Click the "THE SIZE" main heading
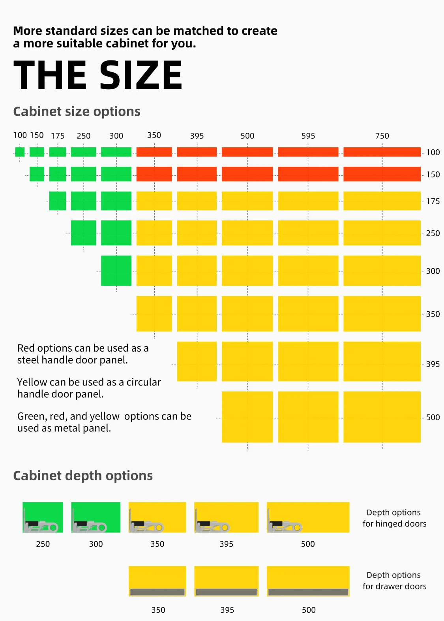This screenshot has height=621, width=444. (98, 75)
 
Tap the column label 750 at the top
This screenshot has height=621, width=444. (382, 136)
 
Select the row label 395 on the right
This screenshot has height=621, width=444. (433, 364)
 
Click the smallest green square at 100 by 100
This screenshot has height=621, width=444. (20, 152)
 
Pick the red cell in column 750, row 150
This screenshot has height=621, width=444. (382, 174)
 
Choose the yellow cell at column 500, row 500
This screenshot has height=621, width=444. (247, 417)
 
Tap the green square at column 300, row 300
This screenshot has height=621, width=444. (116, 271)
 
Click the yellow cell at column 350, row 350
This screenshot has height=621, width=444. (154, 314)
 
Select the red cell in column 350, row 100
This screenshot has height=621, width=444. (154, 152)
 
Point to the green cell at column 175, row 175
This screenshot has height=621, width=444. (58, 201)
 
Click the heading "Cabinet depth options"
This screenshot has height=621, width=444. (83, 476)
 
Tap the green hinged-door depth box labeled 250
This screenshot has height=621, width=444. (43, 517)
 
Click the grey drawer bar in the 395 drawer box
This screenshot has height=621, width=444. (226, 592)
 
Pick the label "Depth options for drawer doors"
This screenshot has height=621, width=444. (394, 581)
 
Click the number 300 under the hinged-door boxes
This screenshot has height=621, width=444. (96, 544)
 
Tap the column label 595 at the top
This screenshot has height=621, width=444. (308, 136)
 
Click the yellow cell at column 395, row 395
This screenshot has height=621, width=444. (197, 361)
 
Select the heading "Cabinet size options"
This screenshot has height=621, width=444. (77, 112)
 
